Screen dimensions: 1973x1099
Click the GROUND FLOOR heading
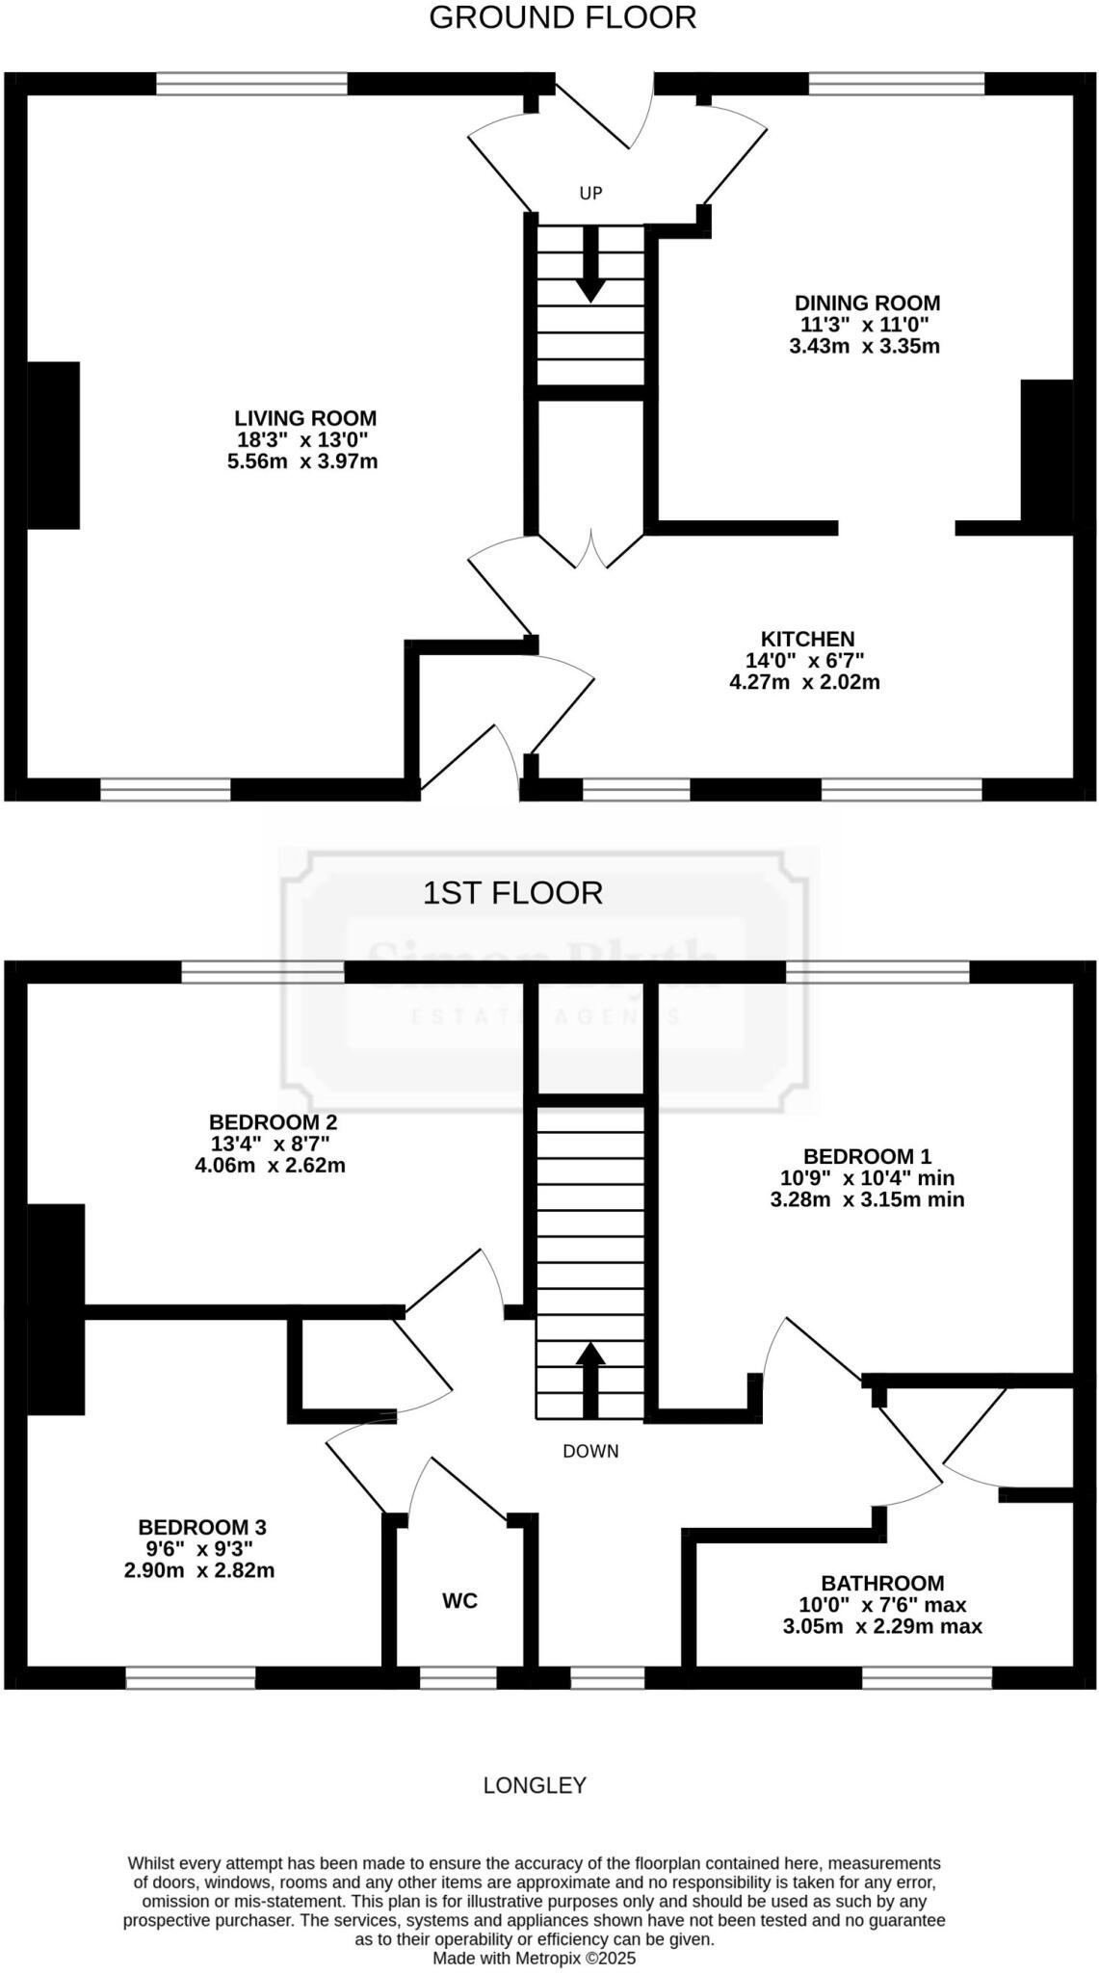pyautogui.click(x=562, y=17)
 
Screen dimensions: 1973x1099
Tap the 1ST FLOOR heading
pyautogui.click(x=512, y=893)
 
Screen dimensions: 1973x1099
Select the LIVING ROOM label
pyautogui.click(x=305, y=418)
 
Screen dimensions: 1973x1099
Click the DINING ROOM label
pyautogui.click(x=867, y=303)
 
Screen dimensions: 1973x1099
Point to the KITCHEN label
pyautogui.click(x=807, y=639)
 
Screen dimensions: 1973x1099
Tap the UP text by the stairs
pyautogui.click(x=590, y=193)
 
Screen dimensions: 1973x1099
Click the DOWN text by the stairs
pyautogui.click(x=590, y=1451)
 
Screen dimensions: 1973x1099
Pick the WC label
pyautogui.click(x=459, y=1601)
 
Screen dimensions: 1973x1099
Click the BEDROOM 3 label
pyautogui.click(x=201, y=1527)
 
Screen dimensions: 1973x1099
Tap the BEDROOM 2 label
pyautogui.click(x=273, y=1122)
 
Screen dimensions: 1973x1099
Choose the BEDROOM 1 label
pyautogui.click(x=867, y=1156)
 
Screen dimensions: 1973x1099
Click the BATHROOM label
pyautogui.click(x=882, y=1583)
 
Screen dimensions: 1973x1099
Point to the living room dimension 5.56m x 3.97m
pyautogui.click(x=301, y=461)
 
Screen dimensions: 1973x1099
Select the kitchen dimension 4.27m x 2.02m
pyautogui.click(x=804, y=682)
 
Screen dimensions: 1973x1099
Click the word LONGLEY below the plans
pyautogui.click(x=535, y=1786)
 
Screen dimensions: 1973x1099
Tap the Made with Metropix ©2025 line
pyautogui.click(x=534, y=1959)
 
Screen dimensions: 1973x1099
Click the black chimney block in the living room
pyautogui.click(x=53, y=445)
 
